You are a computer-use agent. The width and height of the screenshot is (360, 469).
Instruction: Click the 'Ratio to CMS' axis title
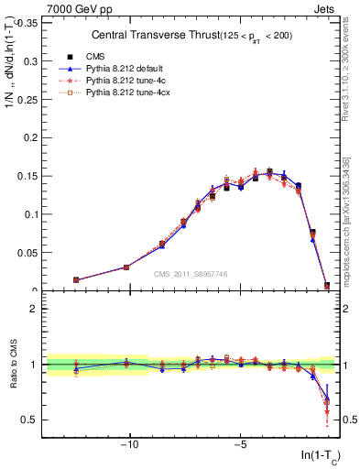pos(12,366)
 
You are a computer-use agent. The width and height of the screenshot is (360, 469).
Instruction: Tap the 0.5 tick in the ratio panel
pos(29,420)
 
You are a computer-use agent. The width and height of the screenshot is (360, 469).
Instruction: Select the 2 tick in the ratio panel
pos(34,309)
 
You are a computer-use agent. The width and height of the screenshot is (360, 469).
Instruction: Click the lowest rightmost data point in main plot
pos(327,287)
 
